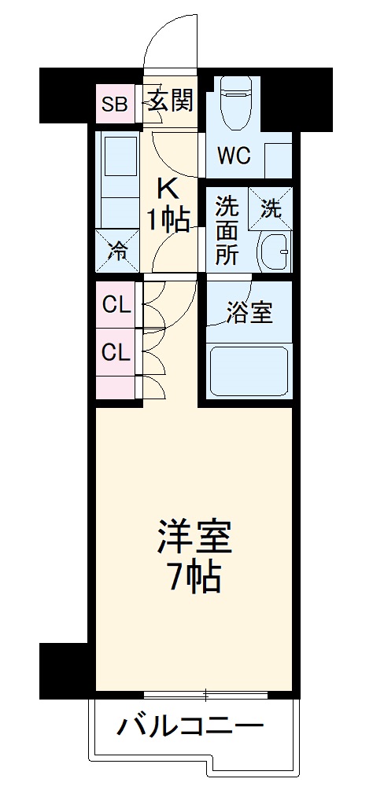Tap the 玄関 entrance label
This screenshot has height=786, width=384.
point(169,101)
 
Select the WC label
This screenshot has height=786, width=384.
point(234,156)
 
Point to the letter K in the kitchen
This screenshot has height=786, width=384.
point(168,189)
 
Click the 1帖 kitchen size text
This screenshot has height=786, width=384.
point(168,220)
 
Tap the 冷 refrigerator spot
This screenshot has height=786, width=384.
point(117,251)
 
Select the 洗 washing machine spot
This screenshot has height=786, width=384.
point(271,209)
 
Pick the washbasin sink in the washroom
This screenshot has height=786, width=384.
point(274,252)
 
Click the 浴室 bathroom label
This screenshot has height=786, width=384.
point(250,312)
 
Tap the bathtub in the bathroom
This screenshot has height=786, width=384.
point(249,370)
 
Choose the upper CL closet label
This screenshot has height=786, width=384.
point(116,305)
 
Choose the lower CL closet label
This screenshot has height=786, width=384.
point(116,353)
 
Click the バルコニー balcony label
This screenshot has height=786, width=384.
point(190,727)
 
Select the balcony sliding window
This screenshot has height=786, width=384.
point(206,695)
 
